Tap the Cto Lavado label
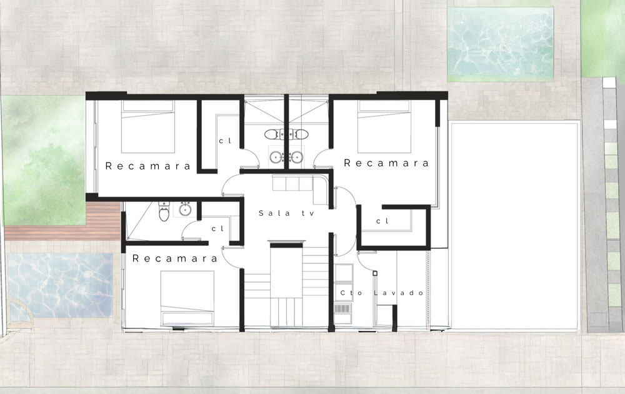pos(382,293)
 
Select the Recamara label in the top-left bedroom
pos(148,166)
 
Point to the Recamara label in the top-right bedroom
pos(386,163)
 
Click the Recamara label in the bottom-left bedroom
pos(174,258)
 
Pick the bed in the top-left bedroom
pos(148,126)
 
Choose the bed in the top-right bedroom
pos(384,126)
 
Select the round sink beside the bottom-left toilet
pos(184,208)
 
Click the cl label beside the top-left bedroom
pos(225,141)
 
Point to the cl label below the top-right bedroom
pos(382,221)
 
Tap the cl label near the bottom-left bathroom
pos(217,228)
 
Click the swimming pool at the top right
pos(500,44)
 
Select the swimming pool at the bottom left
pos(60,285)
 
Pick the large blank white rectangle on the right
pos(514,226)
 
